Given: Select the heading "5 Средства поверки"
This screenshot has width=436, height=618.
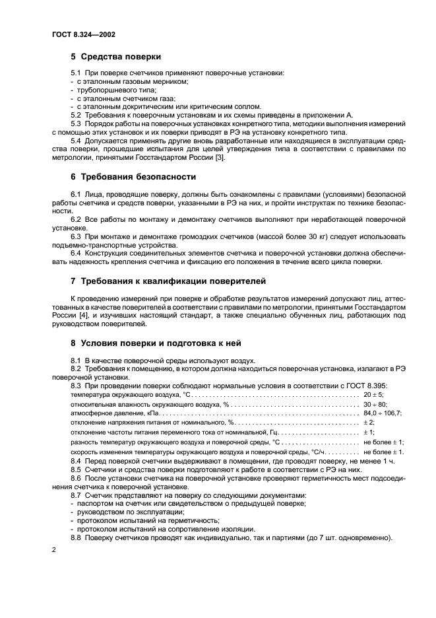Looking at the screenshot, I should tap(115, 57).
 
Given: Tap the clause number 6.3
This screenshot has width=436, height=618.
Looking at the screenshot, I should tap(76, 236).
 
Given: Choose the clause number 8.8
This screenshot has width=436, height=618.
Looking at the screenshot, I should tap(76, 537).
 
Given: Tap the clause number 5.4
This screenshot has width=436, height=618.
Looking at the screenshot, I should tap(76, 140).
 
